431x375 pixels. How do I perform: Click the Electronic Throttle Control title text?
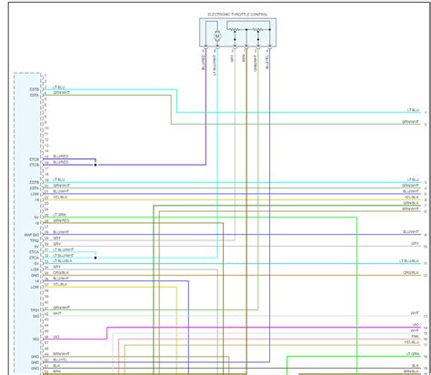click(x=239, y=15)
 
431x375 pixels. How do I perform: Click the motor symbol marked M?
click(x=217, y=35)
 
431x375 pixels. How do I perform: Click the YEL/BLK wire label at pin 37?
click(x=61, y=284)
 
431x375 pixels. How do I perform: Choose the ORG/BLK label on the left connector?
click(x=62, y=272)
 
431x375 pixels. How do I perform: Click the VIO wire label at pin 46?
click(x=57, y=336)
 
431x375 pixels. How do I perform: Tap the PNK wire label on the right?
click(x=414, y=336)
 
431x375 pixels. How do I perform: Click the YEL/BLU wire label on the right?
click(x=413, y=342)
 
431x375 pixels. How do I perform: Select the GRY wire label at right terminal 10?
click(x=415, y=244)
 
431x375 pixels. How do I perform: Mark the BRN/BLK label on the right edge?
click(x=410, y=202)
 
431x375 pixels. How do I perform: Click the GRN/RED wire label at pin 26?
click(x=61, y=220)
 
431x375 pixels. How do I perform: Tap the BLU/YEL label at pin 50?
click(x=62, y=359)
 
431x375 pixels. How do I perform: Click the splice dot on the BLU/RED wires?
click(x=95, y=165)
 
